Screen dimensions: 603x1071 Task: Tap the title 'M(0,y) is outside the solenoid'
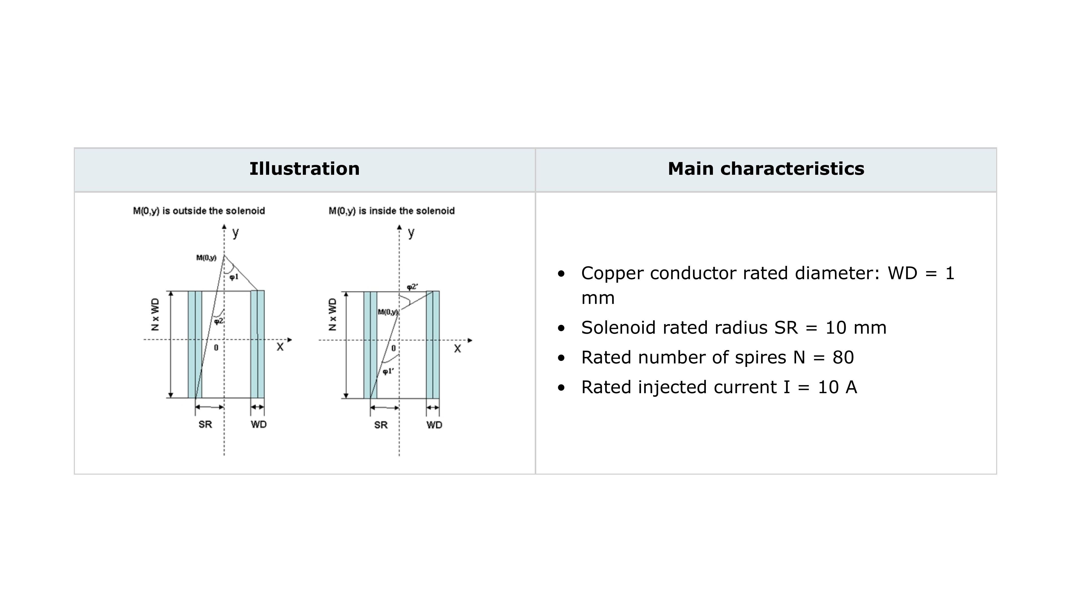point(199,211)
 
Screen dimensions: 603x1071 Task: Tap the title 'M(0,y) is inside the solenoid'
point(392,211)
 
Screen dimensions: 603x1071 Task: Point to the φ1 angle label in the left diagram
point(234,277)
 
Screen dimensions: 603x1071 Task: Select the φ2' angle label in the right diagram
point(412,287)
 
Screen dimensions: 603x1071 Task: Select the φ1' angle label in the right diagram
point(388,371)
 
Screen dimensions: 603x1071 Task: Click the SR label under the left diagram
point(205,424)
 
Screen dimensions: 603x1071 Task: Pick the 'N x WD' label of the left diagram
point(155,314)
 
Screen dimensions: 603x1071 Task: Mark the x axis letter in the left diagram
point(280,347)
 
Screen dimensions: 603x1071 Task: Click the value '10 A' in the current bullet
point(837,387)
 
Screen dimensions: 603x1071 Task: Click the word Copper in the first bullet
point(612,273)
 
